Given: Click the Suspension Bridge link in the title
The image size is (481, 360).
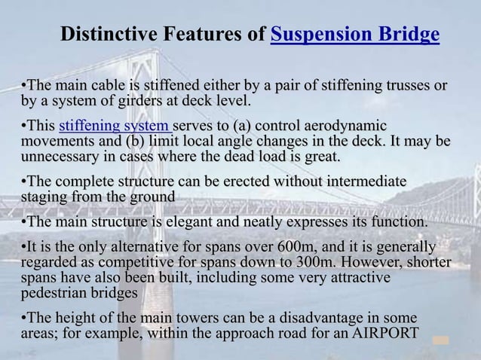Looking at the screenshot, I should [x=354, y=35].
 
